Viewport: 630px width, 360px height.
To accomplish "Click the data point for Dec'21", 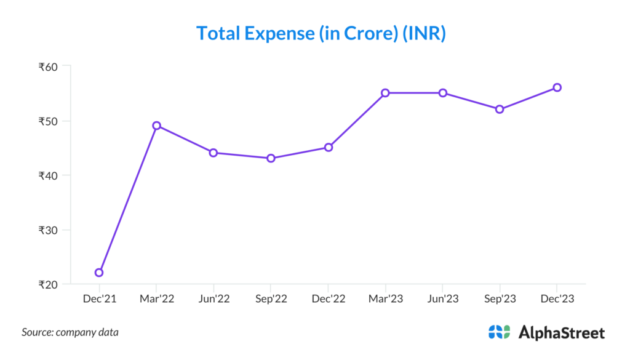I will tap(99, 273).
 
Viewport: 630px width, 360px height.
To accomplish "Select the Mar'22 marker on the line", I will tap(156, 126).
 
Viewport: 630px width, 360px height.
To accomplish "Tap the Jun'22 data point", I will tap(213, 153).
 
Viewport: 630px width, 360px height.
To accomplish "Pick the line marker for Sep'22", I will tap(271, 158).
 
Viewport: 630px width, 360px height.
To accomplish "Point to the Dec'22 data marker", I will tap(329, 148).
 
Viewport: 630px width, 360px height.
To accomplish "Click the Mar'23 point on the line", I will tap(385, 93).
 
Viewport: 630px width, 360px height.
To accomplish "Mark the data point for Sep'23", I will tap(500, 110).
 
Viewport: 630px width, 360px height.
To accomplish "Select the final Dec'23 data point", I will tap(557, 87).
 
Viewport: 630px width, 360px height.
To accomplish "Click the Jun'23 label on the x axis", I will tap(442, 299).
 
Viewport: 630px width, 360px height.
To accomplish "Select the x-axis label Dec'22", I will tap(328, 299).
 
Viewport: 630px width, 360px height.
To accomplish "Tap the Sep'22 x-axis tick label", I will tap(271, 299).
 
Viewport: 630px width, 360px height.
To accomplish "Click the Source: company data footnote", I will tap(70, 332).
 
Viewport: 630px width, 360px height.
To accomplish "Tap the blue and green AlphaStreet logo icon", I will tap(499, 332).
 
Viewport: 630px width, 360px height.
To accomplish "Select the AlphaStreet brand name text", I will tap(562, 333).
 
